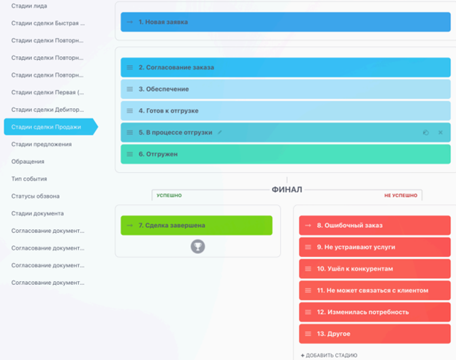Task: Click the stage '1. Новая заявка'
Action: click(286, 22)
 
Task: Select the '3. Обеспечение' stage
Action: click(286, 89)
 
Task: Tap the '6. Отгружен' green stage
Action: click(286, 154)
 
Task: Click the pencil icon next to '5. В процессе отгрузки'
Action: click(220, 132)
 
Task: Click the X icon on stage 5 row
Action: click(441, 132)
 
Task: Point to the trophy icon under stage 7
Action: click(198, 247)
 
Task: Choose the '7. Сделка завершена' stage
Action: click(197, 225)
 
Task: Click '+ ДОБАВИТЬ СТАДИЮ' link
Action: click(329, 356)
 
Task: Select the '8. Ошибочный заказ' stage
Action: click(375, 225)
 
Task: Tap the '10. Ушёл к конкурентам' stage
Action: click(375, 269)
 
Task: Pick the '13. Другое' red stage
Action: click(375, 334)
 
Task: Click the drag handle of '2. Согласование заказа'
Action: click(129, 67)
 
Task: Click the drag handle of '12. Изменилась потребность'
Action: click(308, 312)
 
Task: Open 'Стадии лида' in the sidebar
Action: click(29, 6)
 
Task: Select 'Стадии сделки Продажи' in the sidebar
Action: click(46, 127)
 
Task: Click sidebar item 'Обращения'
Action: click(28, 161)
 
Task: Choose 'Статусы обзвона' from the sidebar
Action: click(35, 196)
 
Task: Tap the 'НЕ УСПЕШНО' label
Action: click(400, 195)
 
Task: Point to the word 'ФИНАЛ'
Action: click(286, 189)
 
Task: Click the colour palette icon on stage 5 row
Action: click(426, 132)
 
